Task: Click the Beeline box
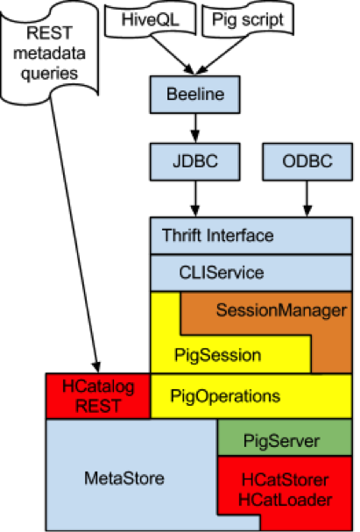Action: tap(195, 95)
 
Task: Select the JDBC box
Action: tap(195, 161)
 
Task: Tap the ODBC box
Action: tap(307, 161)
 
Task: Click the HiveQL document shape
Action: tap(150, 19)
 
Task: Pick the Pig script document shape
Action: tap(248, 19)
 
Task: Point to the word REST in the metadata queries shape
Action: tap(49, 33)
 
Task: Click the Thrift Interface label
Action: tap(217, 235)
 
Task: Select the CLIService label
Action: tap(222, 273)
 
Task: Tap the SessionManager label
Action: tap(281, 310)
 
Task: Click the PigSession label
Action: tap(217, 355)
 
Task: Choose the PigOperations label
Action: tap(225, 396)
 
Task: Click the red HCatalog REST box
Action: tap(98, 396)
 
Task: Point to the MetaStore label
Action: tap(124, 478)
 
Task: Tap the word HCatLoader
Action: tap(285, 500)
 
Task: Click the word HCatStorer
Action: tap(285, 479)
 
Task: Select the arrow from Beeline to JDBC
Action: tap(195, 128)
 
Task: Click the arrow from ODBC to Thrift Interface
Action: tap(307, 198)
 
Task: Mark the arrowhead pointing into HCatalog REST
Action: tap(96, 367)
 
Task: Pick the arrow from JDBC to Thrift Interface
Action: tap(195, 198)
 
